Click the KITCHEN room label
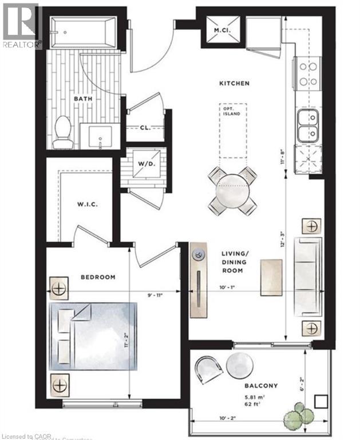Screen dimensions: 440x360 pyautogui.click(x=235, y=84)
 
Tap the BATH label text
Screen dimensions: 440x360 pyautogui.click(x=81, y=99)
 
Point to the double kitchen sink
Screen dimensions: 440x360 pyautogui.click(x=307, y=126)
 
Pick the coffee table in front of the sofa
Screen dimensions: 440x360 pyautogui.click(x=271, y=278)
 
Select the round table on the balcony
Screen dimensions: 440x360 pyautogui.click(x=239, y=366)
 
